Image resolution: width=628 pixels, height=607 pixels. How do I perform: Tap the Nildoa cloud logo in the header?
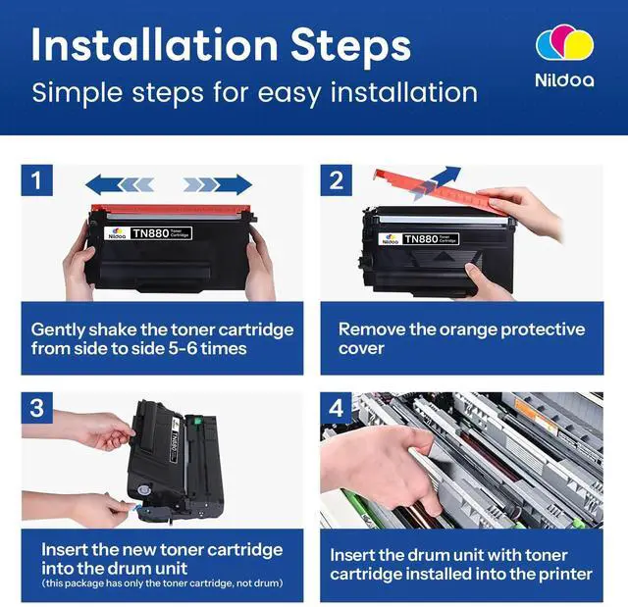565,43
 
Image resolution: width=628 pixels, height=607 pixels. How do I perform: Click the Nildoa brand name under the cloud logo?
565,80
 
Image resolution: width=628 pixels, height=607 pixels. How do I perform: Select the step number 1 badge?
36,180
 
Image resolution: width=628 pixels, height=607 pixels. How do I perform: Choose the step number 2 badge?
336,180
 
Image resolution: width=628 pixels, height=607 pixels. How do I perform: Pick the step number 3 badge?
36,408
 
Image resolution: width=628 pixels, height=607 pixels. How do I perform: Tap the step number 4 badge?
336,408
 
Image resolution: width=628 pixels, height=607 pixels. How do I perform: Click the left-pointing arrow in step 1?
120,184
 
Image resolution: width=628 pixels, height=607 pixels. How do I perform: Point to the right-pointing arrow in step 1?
218,184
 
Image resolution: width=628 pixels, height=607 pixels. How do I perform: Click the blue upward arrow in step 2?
437,182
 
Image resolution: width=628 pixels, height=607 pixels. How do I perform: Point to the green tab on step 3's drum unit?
196,421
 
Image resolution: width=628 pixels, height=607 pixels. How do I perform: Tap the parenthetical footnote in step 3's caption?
162,583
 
